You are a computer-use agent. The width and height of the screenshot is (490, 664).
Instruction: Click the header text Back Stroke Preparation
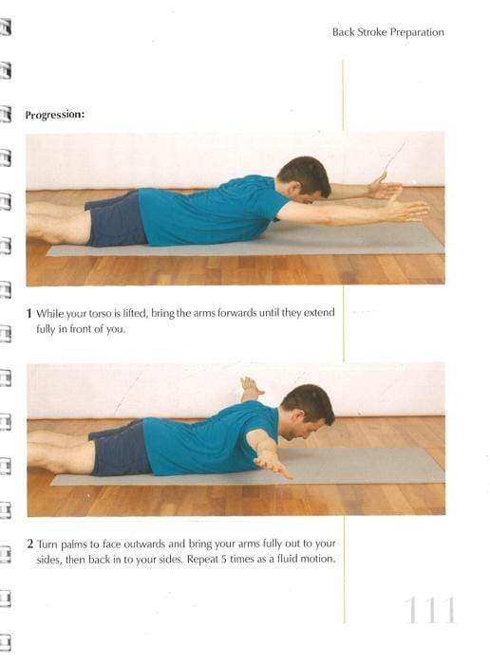pos(387,32)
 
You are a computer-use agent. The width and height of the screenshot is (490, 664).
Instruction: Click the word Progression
pos(55,115)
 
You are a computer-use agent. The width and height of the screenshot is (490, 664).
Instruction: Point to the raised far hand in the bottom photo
pos(250,386)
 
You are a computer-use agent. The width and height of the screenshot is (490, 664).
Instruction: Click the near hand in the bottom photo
pos(276,466)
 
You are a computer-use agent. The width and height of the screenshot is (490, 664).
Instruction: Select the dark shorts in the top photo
pos(116,220)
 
